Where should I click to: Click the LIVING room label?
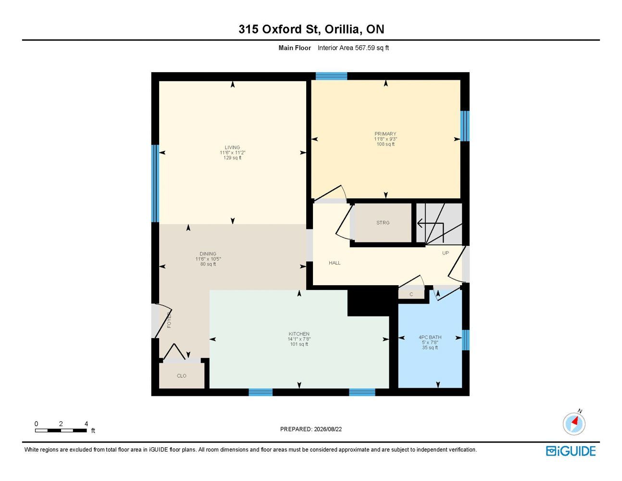tap(232, 148)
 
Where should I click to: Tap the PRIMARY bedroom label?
tap(386, 134)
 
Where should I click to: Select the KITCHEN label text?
tap(299, 334)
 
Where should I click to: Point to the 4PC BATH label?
tap(430, 337)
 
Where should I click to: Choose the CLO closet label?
tap(182, 376)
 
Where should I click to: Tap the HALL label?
tap(335, 263)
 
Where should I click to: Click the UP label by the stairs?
tap(446, 253)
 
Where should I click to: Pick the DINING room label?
tap(208, 253)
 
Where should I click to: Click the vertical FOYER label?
tap(169, 320)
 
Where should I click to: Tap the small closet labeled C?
tap(411, 294)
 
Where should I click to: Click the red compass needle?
tap(575, 421)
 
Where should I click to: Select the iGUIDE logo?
tap(571, 451)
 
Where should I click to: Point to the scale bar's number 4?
tap(86, 423)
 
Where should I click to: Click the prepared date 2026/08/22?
tap(328, 429)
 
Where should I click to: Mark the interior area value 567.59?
tap(365, 48)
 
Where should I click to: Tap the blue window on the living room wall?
tap(155, 184)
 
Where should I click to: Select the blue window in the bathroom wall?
tap(466, 340)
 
